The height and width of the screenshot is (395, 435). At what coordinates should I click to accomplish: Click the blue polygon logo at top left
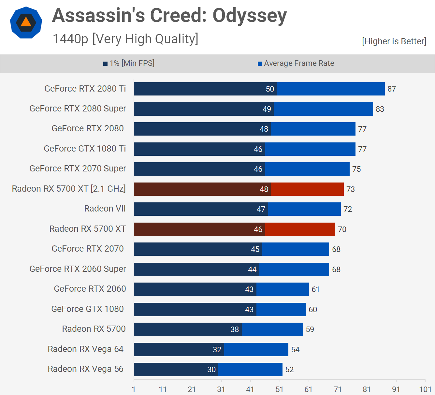(26, 23)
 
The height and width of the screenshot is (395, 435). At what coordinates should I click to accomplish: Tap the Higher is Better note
(394, 41)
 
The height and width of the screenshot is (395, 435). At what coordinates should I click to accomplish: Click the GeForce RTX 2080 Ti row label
(85, 89)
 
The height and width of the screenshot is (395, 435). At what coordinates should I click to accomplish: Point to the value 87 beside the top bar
(392, 89)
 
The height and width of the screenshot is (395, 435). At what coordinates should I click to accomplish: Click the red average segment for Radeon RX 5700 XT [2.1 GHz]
(307, 189)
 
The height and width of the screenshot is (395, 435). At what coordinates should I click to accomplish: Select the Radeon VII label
(105, 209)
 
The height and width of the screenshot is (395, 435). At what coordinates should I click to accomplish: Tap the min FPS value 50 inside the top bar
(270, 89)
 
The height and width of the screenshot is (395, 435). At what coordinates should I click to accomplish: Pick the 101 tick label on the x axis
(425, 389)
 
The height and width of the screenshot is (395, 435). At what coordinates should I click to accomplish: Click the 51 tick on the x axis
(279, 389)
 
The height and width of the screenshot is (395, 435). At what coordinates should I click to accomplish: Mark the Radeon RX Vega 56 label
(85, 369)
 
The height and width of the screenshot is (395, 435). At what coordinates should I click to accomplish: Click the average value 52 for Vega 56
(289, 370)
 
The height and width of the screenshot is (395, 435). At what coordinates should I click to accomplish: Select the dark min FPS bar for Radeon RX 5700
(187, 329)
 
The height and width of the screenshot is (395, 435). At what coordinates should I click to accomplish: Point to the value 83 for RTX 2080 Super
(380, 109)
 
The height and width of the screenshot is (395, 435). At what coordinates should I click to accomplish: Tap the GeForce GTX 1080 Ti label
(85, 149)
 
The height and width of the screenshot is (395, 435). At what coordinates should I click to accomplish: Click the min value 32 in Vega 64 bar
(217, 350)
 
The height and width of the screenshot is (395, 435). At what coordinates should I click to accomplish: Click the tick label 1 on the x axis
(134, 389)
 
